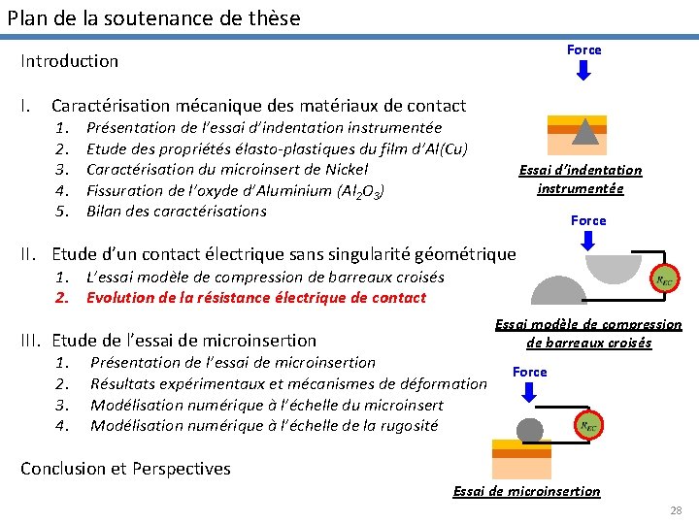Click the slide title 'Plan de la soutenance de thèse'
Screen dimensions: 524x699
tap(154, 17)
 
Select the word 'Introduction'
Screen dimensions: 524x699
tap(70, 61)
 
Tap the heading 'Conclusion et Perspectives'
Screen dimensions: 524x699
tap(126, 469)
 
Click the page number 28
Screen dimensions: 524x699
tap(676, 510)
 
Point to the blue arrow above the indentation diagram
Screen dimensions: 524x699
tap(583, 71)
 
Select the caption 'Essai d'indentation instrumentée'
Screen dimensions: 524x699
tap(580, 180)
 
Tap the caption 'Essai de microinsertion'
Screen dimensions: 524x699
tap(526, 491)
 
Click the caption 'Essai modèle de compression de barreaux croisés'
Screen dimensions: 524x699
tap(588, 334)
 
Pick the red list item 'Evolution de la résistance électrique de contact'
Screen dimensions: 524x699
tap(256, 298)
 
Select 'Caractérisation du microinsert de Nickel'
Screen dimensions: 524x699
tap(227, 170)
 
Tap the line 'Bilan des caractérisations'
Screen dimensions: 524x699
tap(176, 212)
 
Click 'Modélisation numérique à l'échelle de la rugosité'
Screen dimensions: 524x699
tap(264, 426)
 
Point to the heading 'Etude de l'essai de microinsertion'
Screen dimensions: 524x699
tap(183, 341)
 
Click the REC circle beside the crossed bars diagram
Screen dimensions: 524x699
tap(665, 279)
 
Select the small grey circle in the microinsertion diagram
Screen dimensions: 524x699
tap(530, 430)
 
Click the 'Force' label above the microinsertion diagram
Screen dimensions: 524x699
tap(529, 373)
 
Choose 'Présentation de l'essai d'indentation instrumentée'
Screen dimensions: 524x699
tap(264, 128)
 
